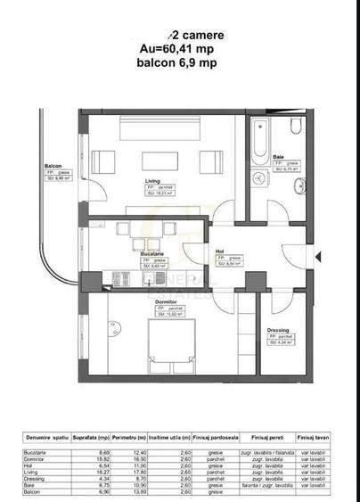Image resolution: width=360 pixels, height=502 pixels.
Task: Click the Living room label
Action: tap(153, 181)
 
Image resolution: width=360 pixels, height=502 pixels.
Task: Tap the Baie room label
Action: tap(278, 157)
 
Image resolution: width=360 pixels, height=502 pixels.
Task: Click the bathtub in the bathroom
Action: tap(261, 135)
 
